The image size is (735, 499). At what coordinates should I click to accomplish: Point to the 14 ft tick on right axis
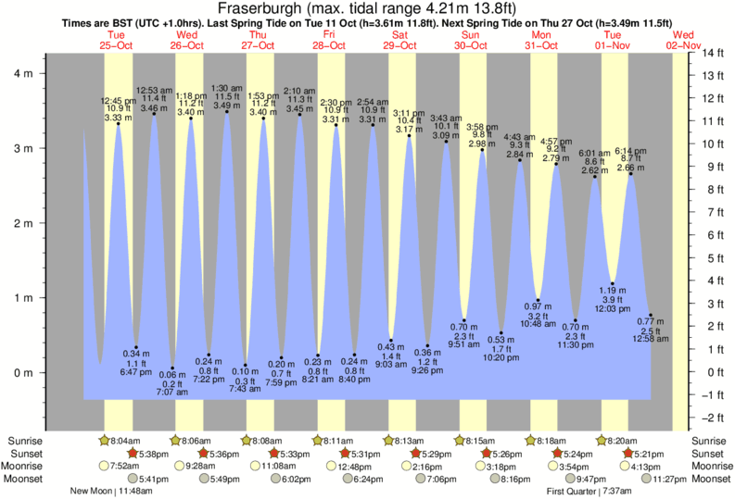pyautogui.click(x=711, y=53)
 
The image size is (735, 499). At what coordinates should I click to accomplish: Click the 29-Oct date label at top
pyautogui.click(x=399, y=44)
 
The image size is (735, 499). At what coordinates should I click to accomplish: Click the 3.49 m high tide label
pyautogui.click(x=227, y=105)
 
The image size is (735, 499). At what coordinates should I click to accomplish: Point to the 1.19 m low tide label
pyautogui.click(x=612, y=289)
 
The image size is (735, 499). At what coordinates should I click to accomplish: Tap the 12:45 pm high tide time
pyautogui.click(x=118, y=100)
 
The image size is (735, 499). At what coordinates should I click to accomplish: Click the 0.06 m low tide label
pyautogui.click(x=172, y=374)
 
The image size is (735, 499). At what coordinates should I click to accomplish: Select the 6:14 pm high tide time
pyautogui.click(x=630, y=151)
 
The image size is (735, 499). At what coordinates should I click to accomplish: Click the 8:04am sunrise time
pyautogui.click(x=127, y=440)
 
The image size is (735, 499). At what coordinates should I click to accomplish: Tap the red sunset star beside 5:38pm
pyautogui.click(x=133, y=454)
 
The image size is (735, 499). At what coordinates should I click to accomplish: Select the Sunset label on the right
pyautogui.click(x=704, y=454)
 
